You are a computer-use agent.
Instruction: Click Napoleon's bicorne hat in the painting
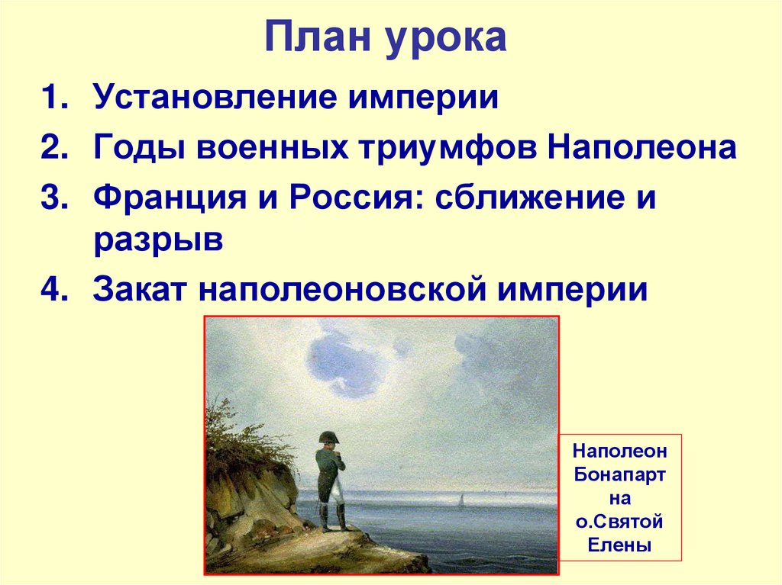330,437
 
